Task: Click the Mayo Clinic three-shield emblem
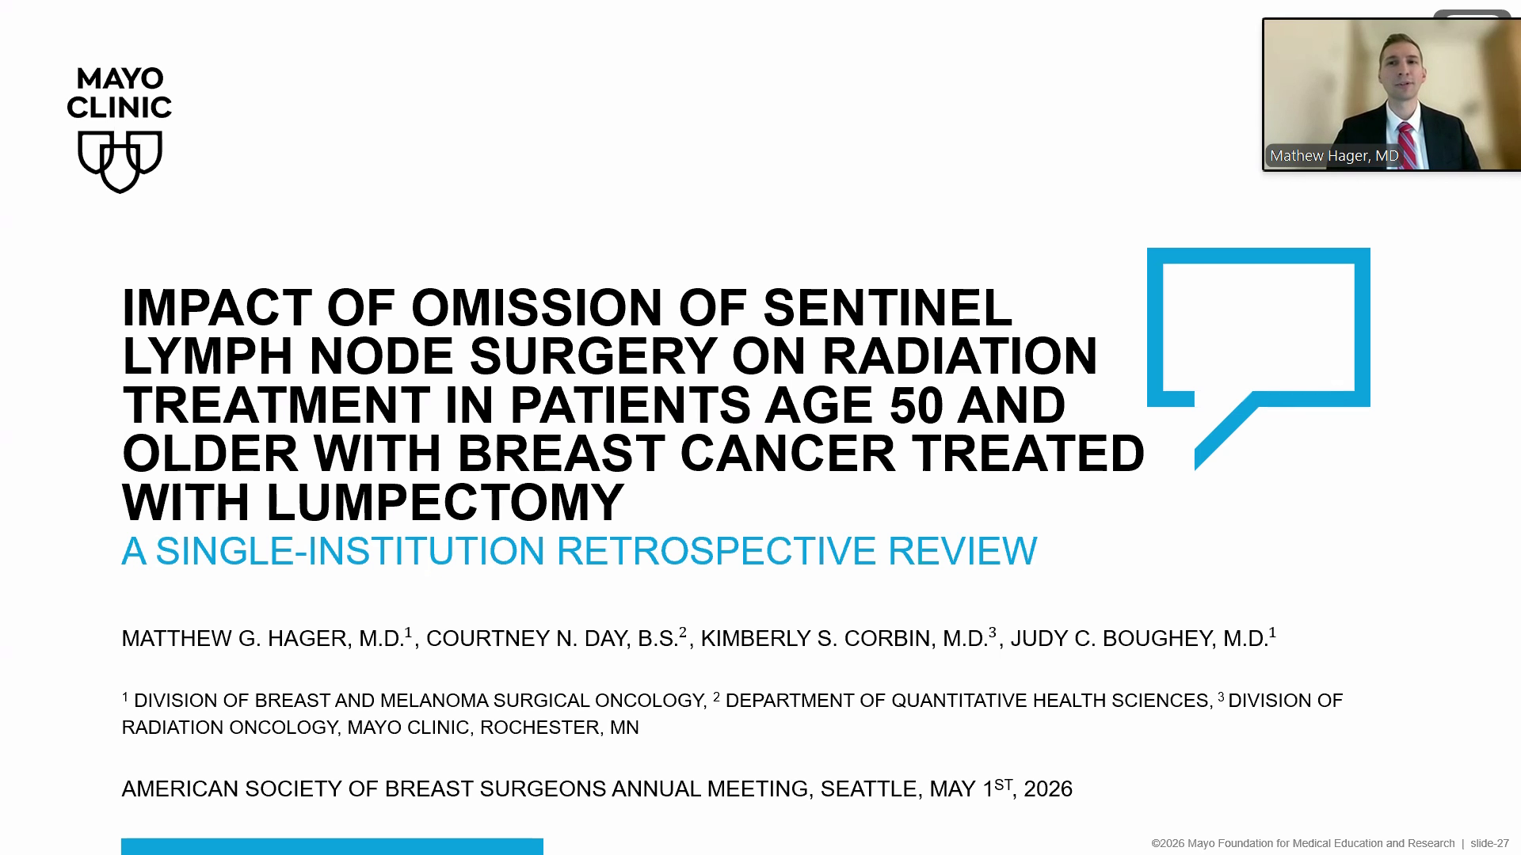[120, 161]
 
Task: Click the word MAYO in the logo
[120, 79]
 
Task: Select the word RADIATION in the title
[959, 356]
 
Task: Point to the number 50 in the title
[917, 405]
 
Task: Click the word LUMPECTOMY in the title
[445, 502]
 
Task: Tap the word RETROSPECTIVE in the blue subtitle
[716, 551]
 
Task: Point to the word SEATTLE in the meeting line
[869, 789]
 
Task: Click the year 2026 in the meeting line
[1048, 789]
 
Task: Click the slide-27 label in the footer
[1490, 843]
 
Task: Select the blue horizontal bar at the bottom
[332, 846]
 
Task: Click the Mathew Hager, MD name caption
[1334, 156]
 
